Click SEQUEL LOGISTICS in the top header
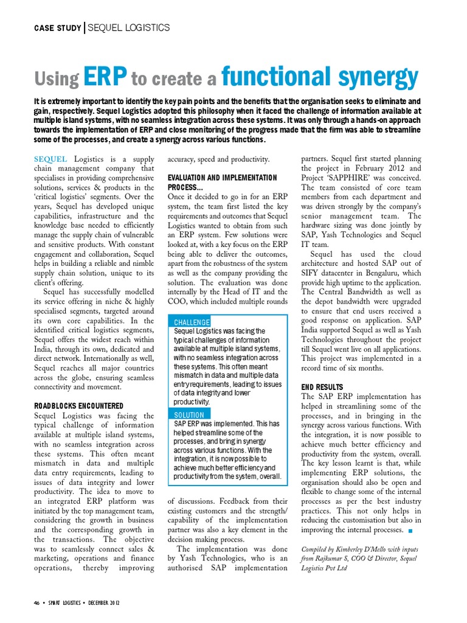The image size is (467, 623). [x=129, y=28]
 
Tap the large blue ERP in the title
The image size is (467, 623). [x=105, y=78]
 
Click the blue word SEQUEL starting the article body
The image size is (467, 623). [x=50, y=159]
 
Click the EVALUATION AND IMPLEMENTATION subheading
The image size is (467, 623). [x=222, y=178]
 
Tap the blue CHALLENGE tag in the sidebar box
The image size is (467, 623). [x=192, y=322]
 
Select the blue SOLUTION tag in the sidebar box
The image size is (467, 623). [x=189, y=415]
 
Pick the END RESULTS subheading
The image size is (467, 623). [x=322, y=387]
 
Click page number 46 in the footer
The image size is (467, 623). [x=36, y=603]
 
